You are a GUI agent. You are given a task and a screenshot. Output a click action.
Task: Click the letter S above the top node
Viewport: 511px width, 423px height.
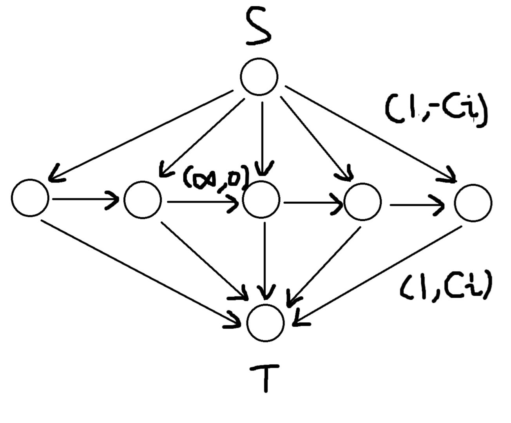coord(258,27)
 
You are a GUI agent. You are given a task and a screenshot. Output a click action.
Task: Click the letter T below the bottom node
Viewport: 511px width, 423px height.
coord(266,377)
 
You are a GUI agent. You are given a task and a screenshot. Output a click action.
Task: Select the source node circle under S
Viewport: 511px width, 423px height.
coord(259,76)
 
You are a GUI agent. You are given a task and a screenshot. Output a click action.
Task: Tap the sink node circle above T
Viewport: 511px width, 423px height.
coord(266,323)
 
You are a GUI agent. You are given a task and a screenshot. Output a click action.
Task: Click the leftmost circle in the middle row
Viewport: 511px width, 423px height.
coord(30,198)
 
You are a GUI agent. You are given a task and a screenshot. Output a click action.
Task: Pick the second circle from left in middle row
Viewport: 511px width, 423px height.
coord(142,199)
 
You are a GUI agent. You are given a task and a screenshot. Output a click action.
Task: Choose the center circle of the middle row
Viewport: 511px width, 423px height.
coord(261,200)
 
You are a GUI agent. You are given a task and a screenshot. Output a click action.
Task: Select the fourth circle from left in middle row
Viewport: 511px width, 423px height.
coord(362,201)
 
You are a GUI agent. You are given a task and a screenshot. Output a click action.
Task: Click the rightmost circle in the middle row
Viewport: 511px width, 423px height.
coord(473,203)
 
